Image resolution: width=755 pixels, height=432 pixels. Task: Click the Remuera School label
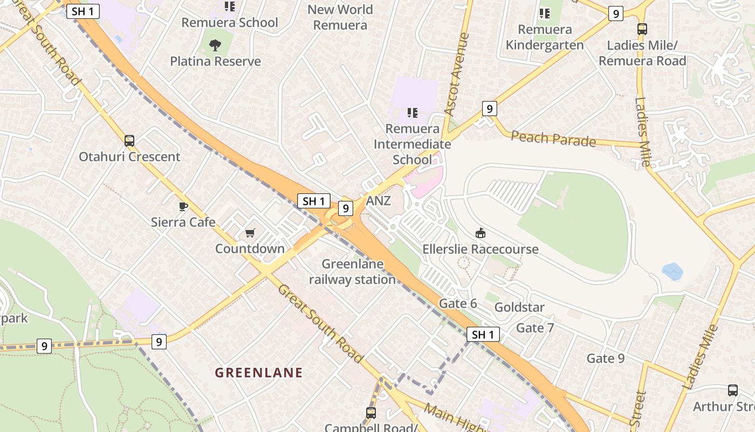point(230,23)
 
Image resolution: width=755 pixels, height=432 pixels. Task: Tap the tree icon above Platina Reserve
point(215,45)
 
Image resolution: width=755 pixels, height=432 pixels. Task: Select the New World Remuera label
point(340,17)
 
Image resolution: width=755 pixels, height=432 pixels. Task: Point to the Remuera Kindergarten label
point(545,37)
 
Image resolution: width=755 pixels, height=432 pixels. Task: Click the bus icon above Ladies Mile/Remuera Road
point(642,29)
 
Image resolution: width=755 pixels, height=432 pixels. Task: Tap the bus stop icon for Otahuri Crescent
point(129,141)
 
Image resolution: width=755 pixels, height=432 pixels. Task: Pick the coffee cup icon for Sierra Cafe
point(183,206)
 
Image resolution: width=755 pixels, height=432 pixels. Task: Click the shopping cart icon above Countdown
point(250,233)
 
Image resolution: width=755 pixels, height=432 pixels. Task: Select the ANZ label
point(379,201)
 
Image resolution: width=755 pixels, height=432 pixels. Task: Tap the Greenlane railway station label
point(353,272)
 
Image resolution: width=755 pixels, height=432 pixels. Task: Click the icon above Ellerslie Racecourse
point(480,233)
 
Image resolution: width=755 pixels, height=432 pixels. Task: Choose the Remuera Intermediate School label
point(413,144)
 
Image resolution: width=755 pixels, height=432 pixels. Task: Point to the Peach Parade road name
point(553,138)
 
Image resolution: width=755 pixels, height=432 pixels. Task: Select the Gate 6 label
point(458,303)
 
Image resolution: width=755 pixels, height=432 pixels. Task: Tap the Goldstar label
point(519,307)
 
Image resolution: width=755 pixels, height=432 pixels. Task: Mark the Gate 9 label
point(606,358)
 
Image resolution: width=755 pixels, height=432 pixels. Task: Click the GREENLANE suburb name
point(259,373)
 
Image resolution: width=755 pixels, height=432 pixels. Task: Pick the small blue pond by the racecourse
point(672,271)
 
